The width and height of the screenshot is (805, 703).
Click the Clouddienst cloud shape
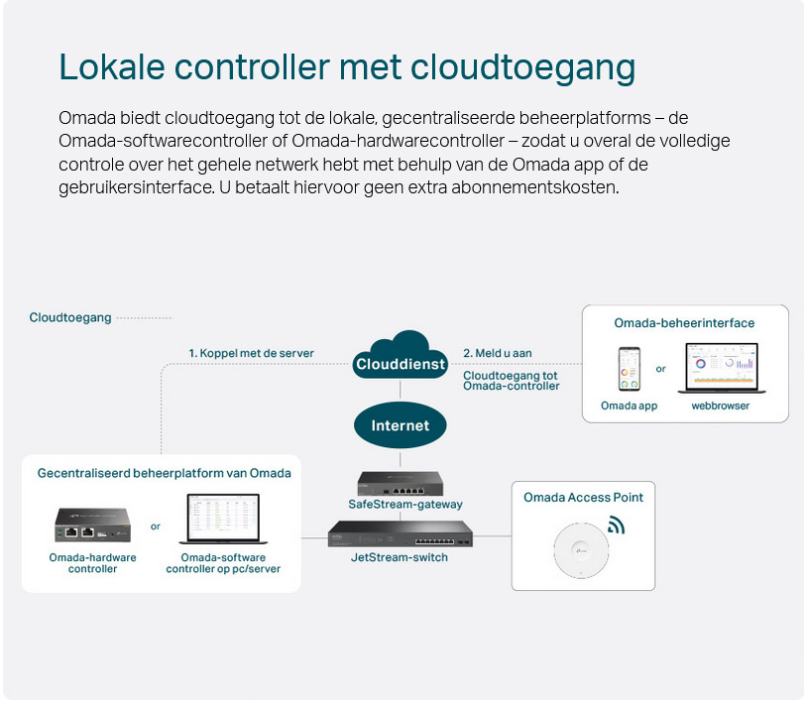tap(400, 355)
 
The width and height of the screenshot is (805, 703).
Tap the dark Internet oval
tap(400, 425)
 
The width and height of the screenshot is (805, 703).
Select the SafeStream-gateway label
tap(405, 505)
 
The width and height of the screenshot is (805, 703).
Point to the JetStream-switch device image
tap(400, 534)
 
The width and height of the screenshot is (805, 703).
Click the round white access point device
tap(581, 551)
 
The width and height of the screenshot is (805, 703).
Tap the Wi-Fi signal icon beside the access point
tap(616, 526)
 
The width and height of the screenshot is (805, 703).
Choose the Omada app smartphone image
tap(629, 369)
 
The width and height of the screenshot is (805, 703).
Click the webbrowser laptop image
tap(722, 368)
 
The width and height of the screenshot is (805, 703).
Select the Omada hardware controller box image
tap(93, 525)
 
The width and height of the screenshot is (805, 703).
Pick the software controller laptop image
tap(223, 519)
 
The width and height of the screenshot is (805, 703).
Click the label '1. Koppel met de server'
tap(251, 353)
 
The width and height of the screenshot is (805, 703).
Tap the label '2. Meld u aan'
tap(498, 353)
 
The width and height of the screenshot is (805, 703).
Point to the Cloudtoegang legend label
tap(70, 318)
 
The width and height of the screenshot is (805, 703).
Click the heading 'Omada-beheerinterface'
tap(684, 323)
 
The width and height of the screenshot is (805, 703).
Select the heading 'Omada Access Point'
tap(583, 497)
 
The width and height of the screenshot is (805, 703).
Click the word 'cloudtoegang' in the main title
tap(522, 67)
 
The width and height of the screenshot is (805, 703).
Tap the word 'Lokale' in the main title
tap(112, 66)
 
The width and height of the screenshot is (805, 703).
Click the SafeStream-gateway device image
tap(401, 484)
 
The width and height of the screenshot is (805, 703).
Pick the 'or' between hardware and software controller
tap(156, 527)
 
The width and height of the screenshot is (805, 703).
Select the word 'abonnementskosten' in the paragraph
tap(535, 187)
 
